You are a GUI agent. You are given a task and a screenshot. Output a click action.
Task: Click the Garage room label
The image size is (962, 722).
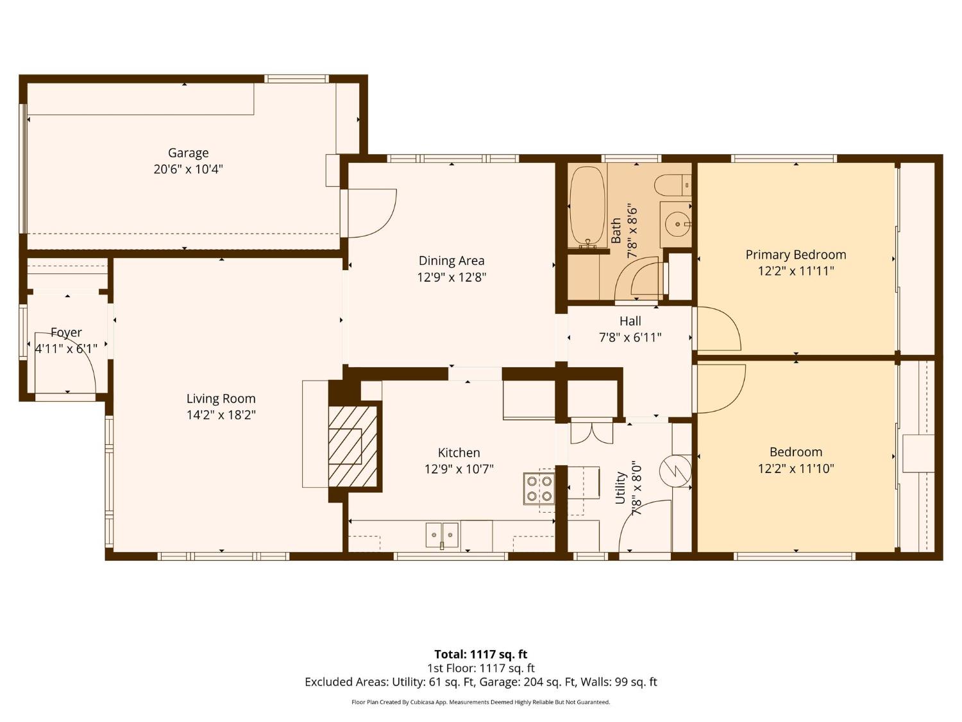(188, 153)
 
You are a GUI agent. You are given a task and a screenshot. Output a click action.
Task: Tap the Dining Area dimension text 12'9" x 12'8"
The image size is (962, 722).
(451, 277)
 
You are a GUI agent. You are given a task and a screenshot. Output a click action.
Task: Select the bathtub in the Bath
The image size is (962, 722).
(587, 207)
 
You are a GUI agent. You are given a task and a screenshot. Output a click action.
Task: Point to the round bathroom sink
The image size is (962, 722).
(677, 225)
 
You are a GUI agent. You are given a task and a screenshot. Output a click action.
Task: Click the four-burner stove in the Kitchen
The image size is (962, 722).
(539, 488)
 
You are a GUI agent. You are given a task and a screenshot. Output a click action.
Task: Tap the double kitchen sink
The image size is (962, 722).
(442, 535)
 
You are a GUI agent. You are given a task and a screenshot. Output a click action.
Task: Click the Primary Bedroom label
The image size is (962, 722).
(795, 254)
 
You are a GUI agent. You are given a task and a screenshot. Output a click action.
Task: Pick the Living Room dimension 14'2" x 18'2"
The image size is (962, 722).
(221, 415)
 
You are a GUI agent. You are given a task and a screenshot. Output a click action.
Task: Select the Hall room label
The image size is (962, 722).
(630, 321)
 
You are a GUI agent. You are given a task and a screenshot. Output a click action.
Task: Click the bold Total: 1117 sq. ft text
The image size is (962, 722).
(480, 654)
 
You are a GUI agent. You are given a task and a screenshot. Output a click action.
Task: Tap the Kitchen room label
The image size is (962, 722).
(459, 452)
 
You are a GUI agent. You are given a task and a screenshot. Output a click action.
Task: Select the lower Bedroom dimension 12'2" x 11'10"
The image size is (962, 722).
(795, 468)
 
